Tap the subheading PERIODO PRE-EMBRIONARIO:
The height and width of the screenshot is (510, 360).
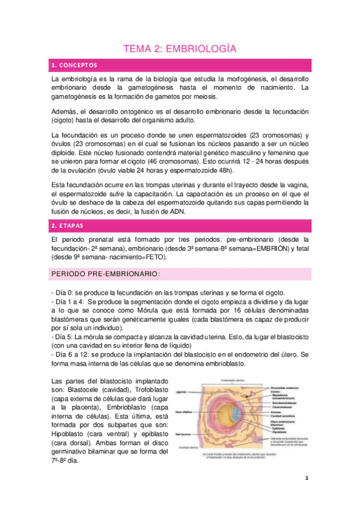[106, 274]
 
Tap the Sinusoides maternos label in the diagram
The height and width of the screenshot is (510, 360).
[287, 387]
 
